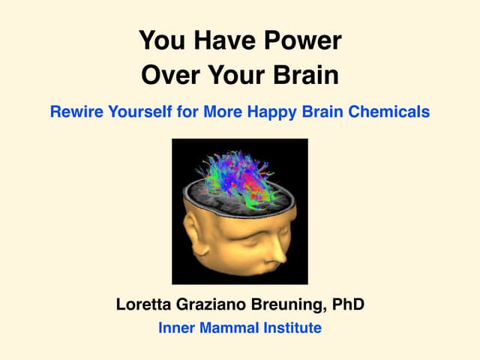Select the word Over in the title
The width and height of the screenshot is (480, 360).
coord(169,76)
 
